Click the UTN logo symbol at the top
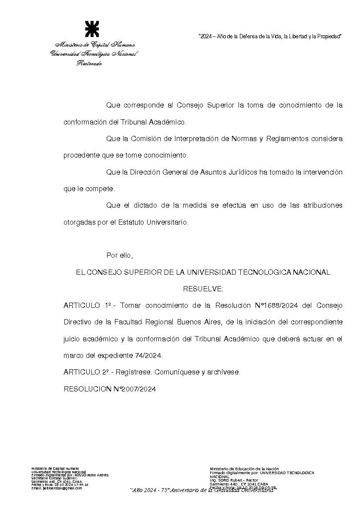(x=92, y=28)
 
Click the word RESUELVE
(x=203, y=289)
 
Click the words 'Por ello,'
(x=119, y=255)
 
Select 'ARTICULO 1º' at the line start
(x=87, y=305)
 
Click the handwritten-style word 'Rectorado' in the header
(x=90, y=64)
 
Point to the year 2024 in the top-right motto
(x=206, y=37)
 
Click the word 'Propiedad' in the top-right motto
(x=329, y=37)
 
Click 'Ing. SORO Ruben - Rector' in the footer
(x=234, y=480)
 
